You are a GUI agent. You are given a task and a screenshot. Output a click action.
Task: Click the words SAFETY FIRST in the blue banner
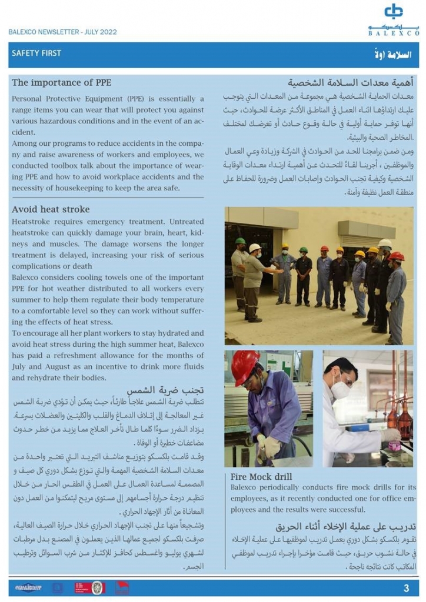[36, 53]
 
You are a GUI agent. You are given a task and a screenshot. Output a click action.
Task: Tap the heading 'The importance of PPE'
[61, 82]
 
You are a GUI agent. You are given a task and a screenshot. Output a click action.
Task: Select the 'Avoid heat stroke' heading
[51, 209]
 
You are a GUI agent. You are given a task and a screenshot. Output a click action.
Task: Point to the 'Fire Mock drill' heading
[261, 477]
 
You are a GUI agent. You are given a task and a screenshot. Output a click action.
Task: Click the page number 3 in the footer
[406, 588]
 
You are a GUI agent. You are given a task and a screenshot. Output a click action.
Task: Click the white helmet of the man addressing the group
[255, 248]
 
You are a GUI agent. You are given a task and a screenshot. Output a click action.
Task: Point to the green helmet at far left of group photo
[240, 241]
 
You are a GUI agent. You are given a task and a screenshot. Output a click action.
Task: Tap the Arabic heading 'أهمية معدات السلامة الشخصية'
[351, 83]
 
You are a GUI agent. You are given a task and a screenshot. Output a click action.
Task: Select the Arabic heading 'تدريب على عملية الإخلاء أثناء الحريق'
[345, 527]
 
